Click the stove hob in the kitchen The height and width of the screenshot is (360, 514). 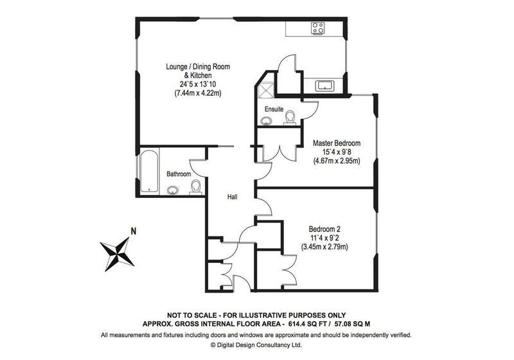317,28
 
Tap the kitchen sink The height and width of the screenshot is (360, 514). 324,86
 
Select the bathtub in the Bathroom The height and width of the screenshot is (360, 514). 149,170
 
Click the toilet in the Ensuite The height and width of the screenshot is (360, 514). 290,118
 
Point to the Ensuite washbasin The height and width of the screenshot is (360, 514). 267,122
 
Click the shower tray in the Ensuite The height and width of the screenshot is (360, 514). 265,89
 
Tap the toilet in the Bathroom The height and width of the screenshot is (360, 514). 196,187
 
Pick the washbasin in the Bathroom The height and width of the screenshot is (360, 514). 173,190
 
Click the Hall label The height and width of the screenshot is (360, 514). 233,197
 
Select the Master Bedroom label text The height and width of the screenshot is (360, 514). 337,143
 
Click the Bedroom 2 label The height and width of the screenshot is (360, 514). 324,229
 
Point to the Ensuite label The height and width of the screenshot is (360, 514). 274,109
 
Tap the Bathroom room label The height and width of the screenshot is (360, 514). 179,174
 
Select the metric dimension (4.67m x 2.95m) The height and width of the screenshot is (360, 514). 337,161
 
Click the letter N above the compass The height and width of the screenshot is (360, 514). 134,231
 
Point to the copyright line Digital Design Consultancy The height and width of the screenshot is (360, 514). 256,345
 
